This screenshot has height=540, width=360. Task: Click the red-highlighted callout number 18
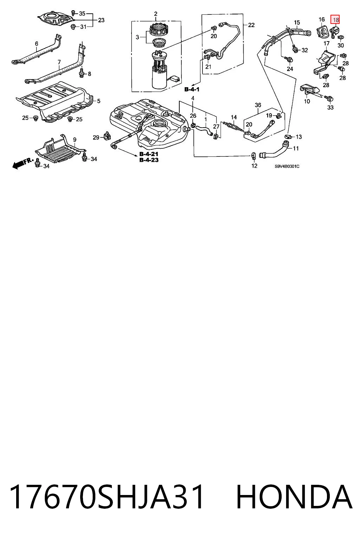[x=335, y=20]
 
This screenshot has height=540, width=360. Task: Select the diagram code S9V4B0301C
[x=287, y=166]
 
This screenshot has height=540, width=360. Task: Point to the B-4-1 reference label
[x=192, y=89]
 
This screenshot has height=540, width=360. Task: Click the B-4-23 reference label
[x=149, y=160]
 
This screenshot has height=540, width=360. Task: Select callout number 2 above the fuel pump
[x=155, y=14]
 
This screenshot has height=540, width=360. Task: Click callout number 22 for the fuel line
[x=251, y=25]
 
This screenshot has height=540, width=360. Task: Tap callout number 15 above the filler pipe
[x=297, y=22]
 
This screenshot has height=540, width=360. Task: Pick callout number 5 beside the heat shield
[x=99, y=101]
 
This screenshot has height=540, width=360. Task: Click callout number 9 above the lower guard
[x=75, y=140]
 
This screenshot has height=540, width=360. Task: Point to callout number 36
[x=258, y=105]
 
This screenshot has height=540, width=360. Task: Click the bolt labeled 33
[x=329, y=98]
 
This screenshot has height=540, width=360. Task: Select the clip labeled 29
[x=107, y=136]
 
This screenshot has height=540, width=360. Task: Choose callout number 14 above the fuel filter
[x=234, y=117]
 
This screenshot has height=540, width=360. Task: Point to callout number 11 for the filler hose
[x=296, y=148]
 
